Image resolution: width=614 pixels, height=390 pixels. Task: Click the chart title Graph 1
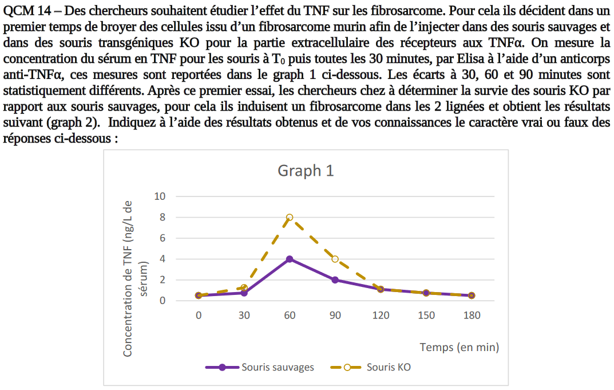pos(306,171)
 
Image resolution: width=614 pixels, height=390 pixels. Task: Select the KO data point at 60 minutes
pos(290,217)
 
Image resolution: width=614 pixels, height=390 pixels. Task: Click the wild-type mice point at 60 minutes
pos(290,259)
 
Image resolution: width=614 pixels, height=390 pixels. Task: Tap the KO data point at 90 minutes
pos(335,259)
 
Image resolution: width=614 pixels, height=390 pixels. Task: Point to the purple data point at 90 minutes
pos(335,280)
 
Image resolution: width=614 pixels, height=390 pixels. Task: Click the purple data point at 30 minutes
pos(244,293)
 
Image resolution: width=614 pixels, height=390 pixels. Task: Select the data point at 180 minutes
pos(472,296)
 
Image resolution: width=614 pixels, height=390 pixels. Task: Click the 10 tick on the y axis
pos(160,196)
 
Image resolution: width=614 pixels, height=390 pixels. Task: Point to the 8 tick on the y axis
pos(162,218)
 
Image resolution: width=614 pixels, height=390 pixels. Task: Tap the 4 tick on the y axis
pos(162,259)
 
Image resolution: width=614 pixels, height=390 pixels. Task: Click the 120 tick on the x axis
pos(381,316)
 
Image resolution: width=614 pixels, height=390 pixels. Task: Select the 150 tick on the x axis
pos(426,316)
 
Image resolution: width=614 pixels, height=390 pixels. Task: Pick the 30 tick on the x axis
pos(244,316)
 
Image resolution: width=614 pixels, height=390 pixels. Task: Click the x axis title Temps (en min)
pos(459,347)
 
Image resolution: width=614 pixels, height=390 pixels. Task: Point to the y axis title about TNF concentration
pos(135,278)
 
